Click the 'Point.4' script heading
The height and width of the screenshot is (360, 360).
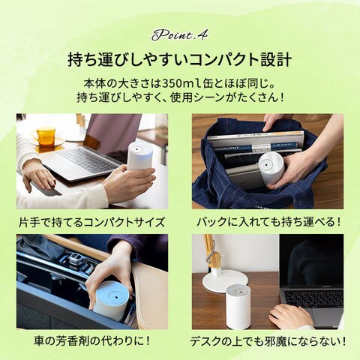point(179,35)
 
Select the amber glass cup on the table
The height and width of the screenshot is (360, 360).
point(46,136)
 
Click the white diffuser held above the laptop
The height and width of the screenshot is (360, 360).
point(140,157)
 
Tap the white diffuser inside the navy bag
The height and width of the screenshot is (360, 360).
point(271,168)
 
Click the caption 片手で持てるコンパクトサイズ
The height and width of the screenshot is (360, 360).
point(91,222)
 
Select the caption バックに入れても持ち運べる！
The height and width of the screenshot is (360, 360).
point(268,222)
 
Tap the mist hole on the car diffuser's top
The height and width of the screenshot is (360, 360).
point(116,297)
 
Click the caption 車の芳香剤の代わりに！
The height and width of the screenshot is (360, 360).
point(91,340)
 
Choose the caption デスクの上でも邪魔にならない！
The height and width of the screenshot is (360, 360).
point(268,341)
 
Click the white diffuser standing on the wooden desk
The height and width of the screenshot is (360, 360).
point(238,307)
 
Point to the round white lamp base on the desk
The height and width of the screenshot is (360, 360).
point(223,280)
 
